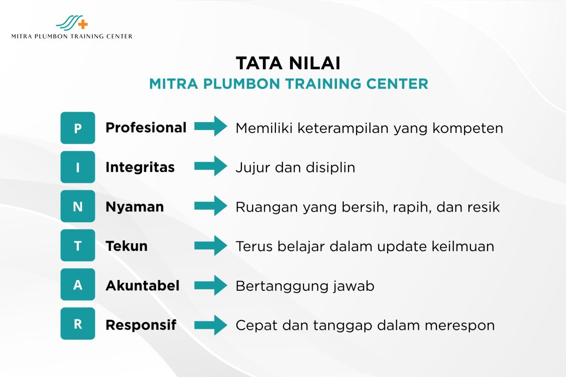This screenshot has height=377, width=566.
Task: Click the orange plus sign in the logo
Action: click(83, 24)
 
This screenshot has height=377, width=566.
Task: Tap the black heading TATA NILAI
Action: click(288, 63)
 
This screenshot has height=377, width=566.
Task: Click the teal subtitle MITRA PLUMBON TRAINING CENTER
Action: click(289, 84)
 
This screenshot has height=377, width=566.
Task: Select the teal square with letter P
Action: click(78, 128)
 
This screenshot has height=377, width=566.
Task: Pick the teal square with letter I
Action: click(78, 167)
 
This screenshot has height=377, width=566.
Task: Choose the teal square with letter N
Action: click(78, 206)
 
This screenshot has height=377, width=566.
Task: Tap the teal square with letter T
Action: click(78, 245)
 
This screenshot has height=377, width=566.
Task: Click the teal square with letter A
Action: click(78, 284)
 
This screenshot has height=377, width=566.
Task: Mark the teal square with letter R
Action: click(78, 323)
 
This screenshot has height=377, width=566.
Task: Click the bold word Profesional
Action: click(146, 128)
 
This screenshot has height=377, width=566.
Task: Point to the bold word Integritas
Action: click(140, 168)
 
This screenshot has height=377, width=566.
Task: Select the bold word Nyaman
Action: click(135, 207)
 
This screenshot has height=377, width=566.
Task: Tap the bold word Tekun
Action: click(126, 246)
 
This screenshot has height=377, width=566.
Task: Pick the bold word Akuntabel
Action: click(142, 286)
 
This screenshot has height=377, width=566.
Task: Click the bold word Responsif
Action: click(141, 325)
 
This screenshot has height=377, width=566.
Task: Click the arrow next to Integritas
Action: click(211, 166)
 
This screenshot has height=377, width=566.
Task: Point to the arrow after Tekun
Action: click(211, 246)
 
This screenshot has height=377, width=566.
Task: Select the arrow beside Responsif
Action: click(211, 325)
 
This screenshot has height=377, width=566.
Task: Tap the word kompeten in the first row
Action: click(468, 129)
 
